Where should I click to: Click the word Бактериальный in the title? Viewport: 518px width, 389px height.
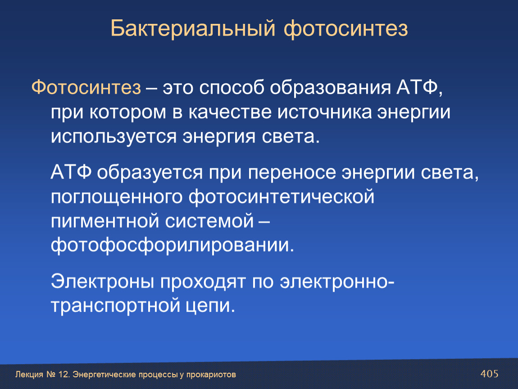[x=193, y=28]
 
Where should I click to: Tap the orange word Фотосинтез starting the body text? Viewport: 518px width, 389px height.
[x=86, y=88]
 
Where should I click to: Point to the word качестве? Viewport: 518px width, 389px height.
[x=230, y=112]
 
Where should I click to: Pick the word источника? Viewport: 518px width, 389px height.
[x=324, y=112]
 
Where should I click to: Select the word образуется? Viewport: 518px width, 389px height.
[x=150, y=173]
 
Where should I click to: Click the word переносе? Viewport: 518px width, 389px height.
[x=292, y=173]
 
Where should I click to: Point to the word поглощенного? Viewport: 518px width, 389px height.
[x=117, y=197]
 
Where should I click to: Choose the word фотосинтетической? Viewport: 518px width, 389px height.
[x=282, y=197]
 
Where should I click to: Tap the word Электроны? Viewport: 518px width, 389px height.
[x=102, y=282]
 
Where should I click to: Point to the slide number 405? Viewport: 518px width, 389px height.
[x=489, y=374]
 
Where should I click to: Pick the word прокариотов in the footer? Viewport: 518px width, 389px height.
[x=211, y=375]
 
